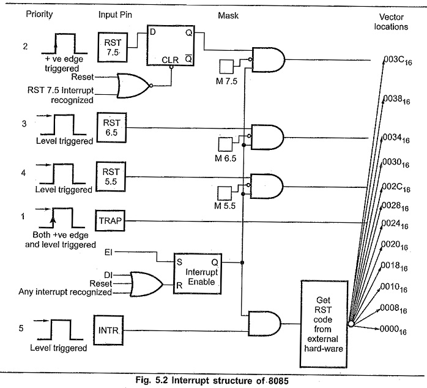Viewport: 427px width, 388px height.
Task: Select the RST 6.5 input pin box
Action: pos(111,127)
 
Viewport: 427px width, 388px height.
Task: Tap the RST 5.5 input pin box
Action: pos(111,174)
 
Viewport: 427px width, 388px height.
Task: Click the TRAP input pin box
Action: pos(111,220)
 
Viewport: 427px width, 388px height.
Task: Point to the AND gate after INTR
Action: pos(264,324)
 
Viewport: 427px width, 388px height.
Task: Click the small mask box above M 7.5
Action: pos(228,66)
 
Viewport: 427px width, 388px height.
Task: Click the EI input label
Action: pos(109,252)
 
